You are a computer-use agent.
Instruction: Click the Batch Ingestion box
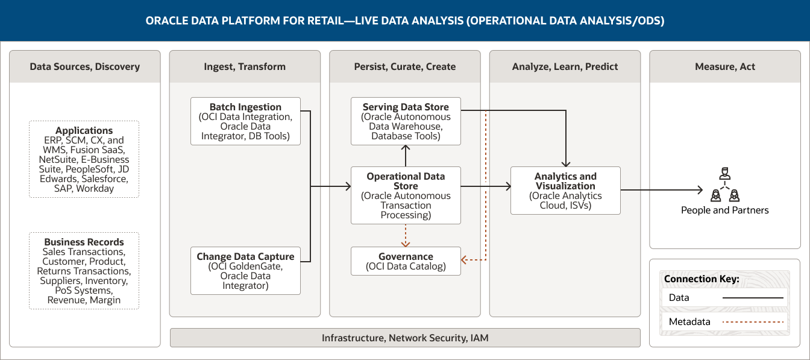tap(245, 121)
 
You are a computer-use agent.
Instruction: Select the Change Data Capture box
tap(245, 271)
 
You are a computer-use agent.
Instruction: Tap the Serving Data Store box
tap(406, 121)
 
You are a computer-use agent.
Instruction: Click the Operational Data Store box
tap(406, 195)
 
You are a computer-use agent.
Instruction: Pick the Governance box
tap(406, 261)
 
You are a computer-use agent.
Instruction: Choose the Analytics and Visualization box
tap(565, 191)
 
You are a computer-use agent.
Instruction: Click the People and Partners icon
tap(724, 186)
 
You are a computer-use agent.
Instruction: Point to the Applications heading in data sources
tap(84, 131)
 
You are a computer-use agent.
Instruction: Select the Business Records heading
tap(84, 242)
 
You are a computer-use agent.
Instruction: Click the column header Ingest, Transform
tap(245, 66)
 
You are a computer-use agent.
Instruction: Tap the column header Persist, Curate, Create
tap(405, 66)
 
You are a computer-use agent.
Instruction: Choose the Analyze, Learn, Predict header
tap(565, 66)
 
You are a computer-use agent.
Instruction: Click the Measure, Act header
tap(724, 66)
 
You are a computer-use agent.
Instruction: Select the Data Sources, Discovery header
tap(85, 66)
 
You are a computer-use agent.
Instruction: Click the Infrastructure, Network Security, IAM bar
tap(405, 338)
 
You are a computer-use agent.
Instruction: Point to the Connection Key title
tap(702, 279)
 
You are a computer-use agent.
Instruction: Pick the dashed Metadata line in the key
tap(754, 322)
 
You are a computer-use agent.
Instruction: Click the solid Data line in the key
tap(754, 298)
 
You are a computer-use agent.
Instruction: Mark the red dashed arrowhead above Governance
tap(406, 244)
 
